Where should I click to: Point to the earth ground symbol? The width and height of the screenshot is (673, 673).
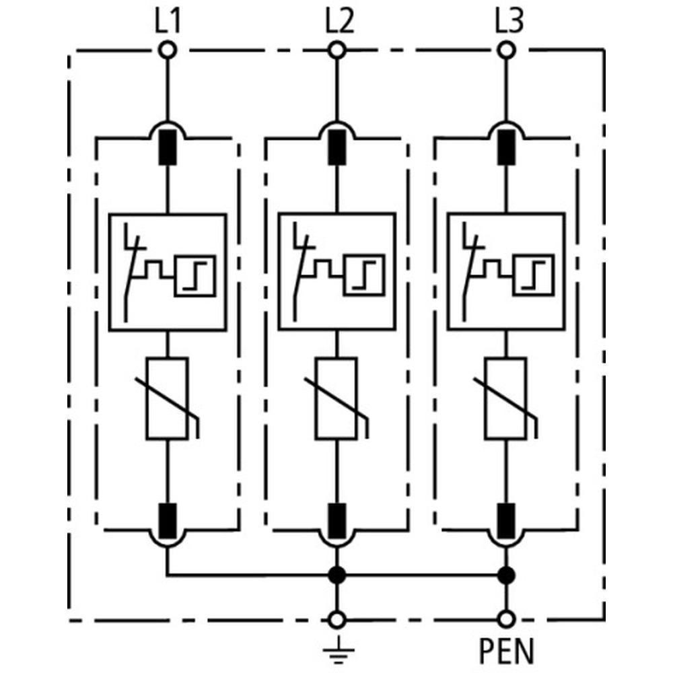click(336, 648)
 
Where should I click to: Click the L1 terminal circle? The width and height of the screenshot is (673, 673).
click(166, 50)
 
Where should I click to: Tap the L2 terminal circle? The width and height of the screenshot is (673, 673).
click(336, 50)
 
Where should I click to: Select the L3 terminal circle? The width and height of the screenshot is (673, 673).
click(505, 50)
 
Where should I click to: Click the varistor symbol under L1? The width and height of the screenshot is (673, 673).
click(167, 399)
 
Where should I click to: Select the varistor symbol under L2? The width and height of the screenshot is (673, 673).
click(336, 399)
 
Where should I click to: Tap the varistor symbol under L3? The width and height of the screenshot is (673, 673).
click(506, 399)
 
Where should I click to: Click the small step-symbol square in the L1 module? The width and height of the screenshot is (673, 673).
click(194, 275)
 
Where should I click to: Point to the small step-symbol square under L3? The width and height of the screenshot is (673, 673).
click(533, 275)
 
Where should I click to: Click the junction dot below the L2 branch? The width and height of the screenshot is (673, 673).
click(336, 575)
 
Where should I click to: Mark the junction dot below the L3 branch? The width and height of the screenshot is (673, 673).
click(505, 575)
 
